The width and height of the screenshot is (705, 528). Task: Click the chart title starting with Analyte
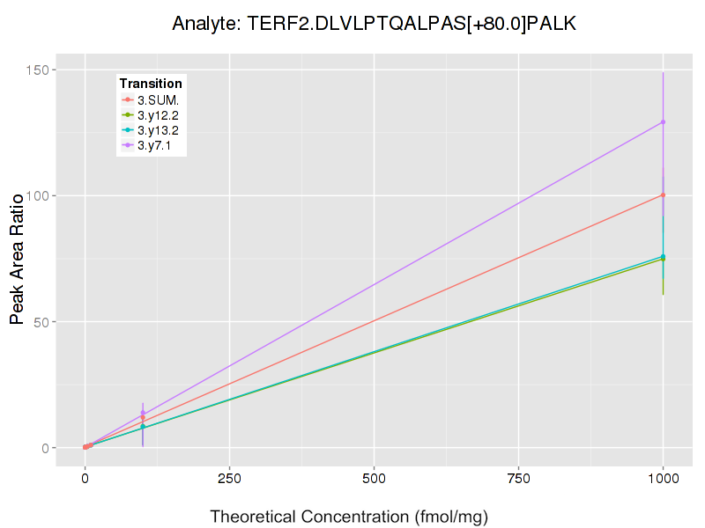tap(374, 24)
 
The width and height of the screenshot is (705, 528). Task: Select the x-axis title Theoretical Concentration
tap(349, 517)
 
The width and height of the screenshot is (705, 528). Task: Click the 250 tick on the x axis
tap(229, 480)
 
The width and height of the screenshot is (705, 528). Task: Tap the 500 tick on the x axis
tap(374, 480)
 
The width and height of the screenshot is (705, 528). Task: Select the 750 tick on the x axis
tap(518, 480)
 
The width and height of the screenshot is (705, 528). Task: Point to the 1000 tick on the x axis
tap(663, 480)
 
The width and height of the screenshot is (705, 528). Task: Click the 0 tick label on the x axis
tap(85, 480)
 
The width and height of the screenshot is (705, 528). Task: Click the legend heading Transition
tap(151, 84)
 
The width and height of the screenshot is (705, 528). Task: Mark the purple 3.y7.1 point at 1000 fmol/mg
tap(663, 122)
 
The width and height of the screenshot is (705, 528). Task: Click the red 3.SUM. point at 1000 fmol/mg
tap(663, 194)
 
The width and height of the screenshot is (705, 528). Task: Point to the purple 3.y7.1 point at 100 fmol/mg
tap(143, 413)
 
